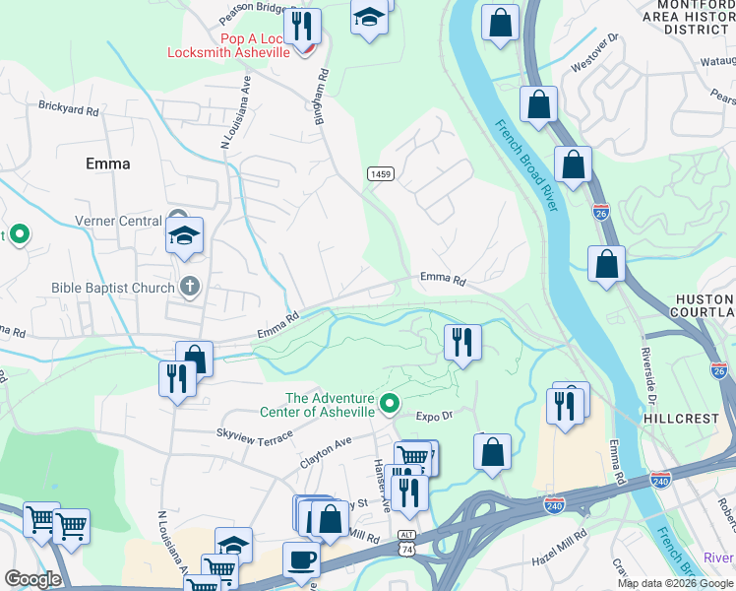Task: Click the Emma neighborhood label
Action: (108, 164)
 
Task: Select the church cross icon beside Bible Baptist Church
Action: (190, 288)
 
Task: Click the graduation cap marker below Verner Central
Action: (184, 236)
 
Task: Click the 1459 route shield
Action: (381, 173)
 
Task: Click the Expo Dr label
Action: (434, 416)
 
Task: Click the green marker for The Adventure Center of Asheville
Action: (391, 403)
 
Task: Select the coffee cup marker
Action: (302, 559)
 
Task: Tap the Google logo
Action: (32, 579)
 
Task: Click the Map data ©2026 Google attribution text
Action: (674, 583)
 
